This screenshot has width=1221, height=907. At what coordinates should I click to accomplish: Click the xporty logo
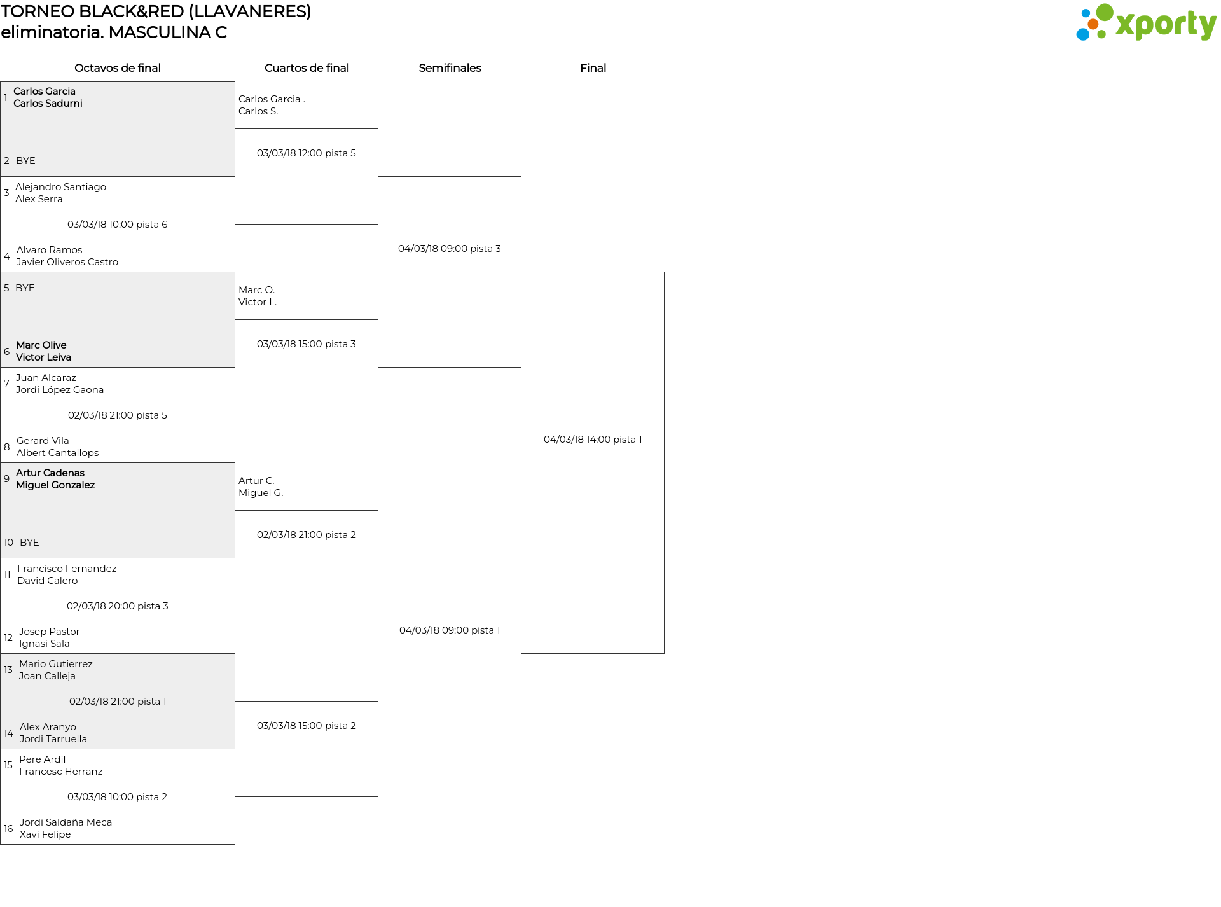coord(1146,23)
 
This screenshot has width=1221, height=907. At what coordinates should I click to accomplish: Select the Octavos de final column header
coord(118,68)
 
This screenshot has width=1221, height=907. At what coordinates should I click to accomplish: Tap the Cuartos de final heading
coord(307,68)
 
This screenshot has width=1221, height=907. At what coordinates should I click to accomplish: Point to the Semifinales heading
coord(450,68)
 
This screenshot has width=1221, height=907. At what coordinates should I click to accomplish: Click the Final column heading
coord(593,68)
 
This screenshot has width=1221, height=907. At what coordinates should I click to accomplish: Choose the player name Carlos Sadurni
coord(48,104)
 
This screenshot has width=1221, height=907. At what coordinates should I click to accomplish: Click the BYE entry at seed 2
coord(25,161)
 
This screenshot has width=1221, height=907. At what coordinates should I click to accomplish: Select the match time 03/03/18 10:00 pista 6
coord(118,225)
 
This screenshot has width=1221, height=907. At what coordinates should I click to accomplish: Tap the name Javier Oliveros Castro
coord(67,262)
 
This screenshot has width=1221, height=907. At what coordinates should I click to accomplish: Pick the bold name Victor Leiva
coord(43,357)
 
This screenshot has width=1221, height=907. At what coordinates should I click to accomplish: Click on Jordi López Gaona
coord(60,390)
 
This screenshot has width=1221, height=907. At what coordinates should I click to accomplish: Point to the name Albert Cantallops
coord(58,453)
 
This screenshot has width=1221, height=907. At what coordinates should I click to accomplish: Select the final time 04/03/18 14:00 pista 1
coord(593,440)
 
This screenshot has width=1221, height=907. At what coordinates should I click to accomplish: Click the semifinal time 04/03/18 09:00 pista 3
coord(450,249)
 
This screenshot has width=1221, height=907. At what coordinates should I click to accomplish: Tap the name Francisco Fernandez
coord(67,569)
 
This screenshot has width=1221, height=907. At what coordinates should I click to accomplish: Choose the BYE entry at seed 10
coord(29,543)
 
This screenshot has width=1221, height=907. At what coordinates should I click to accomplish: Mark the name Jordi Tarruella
coord(53,739)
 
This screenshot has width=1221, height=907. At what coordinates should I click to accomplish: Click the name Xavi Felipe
coord(45,834)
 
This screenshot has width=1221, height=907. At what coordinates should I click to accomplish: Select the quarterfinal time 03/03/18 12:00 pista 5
coord(307,153)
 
